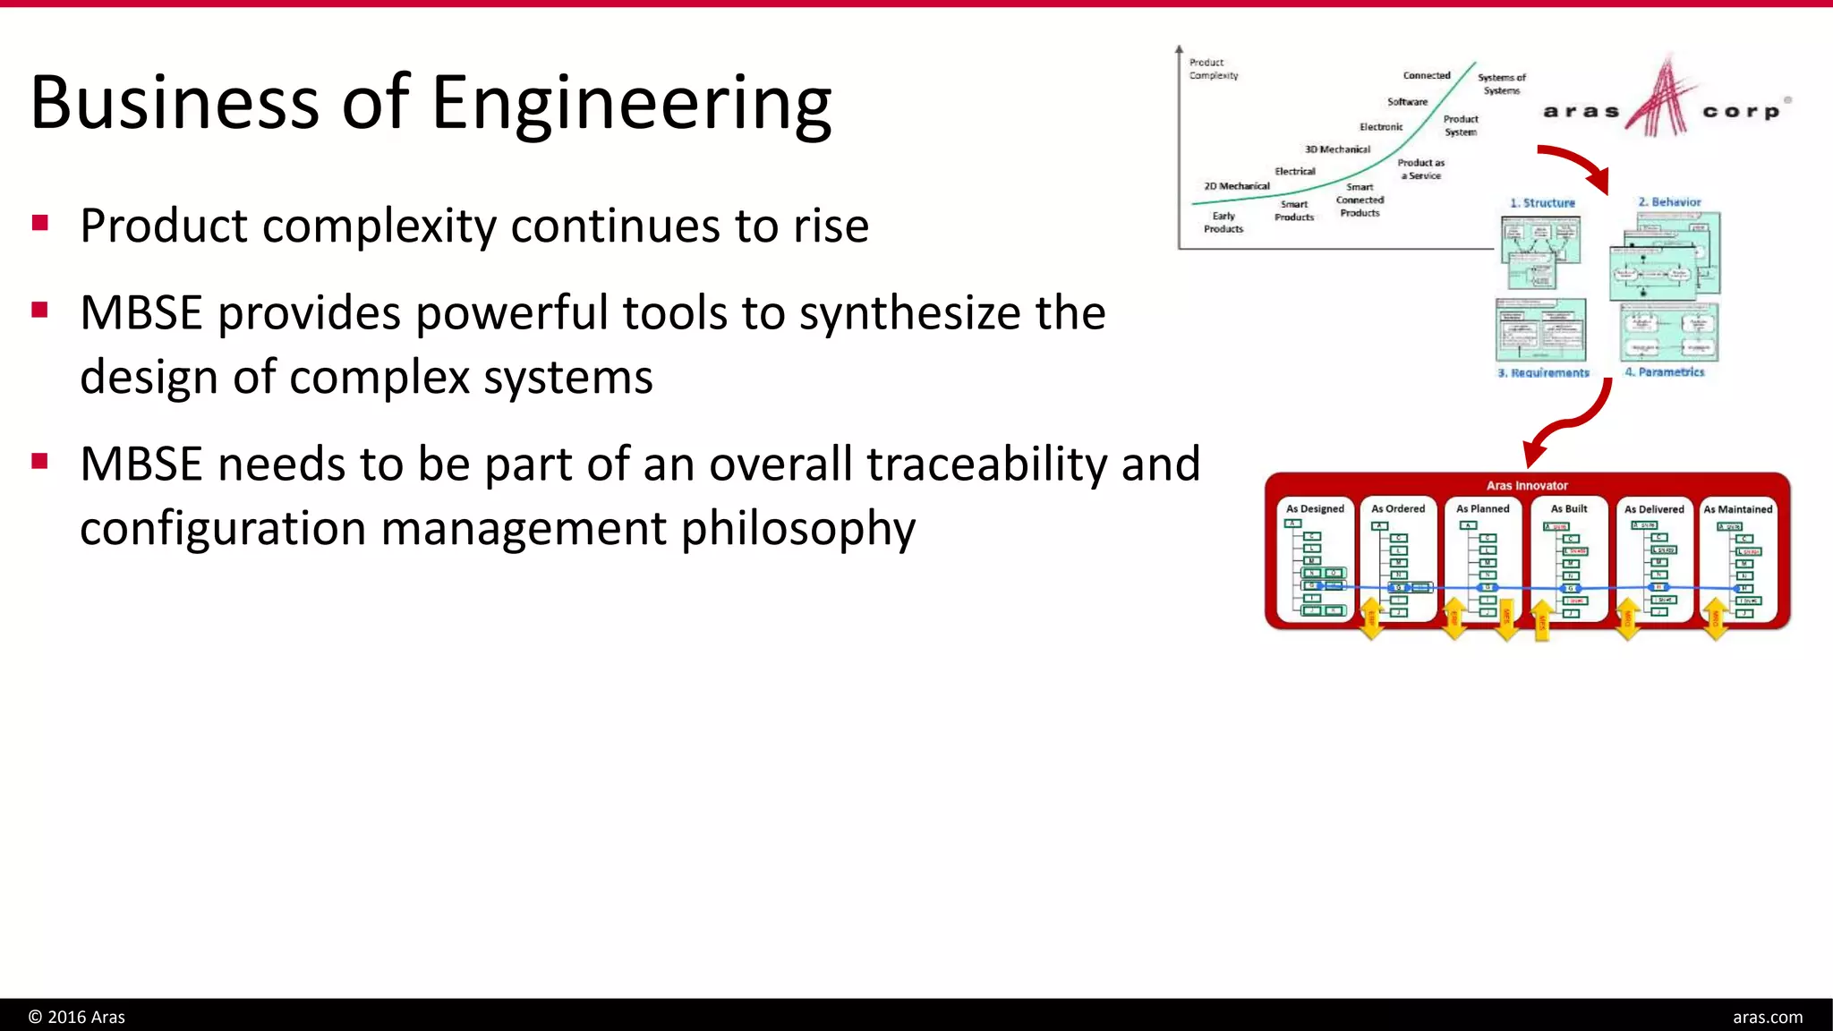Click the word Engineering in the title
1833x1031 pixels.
point(631,104)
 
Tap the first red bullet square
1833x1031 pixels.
point(39,222)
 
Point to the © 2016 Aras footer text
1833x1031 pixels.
point(77,1017)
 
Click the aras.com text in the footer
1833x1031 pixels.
point(1767,1017)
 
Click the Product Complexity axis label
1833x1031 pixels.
point(1213,69)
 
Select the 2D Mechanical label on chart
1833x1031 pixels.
point(1236,186)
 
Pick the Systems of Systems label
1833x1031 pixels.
point(1501,84)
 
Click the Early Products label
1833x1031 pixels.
point(1223,222)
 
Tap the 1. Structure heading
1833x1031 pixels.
point(1542,203)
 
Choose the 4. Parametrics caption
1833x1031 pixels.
point(1665,371)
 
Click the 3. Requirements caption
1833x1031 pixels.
point(1543,372)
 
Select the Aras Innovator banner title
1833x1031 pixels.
point(1527,486)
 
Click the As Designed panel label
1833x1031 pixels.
point(1315,508)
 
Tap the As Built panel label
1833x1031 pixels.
point(1568,508)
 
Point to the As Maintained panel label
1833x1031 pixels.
point(1737,508)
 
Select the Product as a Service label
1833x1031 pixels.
point(1420,169)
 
